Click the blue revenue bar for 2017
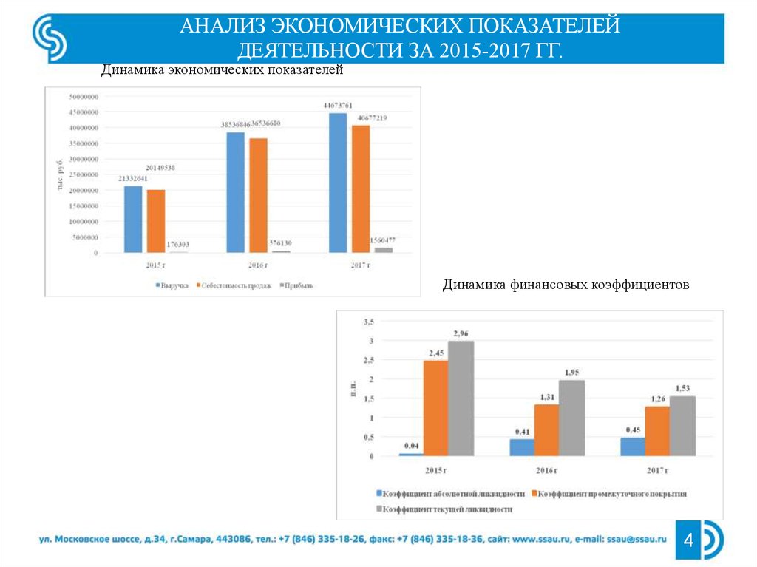point(337,183)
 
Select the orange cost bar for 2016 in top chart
point(257,195)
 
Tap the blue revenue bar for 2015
point(133,219)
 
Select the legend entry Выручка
point(172,285)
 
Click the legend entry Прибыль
point(296,285)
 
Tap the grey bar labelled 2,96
point(461,397)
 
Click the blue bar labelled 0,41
point(521,447)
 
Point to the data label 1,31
point(546,397)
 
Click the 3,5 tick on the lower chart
point(369,322)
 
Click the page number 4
point(688,542)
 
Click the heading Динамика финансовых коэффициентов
point(566,284)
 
